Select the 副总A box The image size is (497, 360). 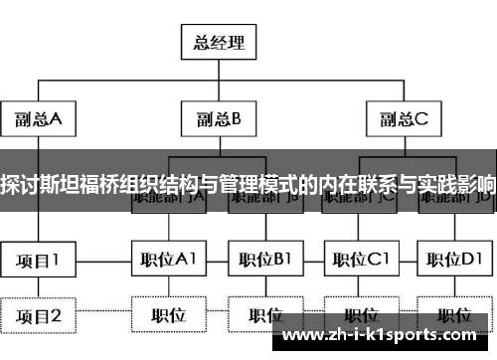point(38,119)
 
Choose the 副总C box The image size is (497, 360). point(402,119)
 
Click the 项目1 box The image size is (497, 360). point(38,261)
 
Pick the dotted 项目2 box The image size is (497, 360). point(38,316)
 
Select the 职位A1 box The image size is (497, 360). point(167,261)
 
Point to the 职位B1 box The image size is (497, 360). point(261,261)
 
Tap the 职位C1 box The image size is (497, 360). point(358,261)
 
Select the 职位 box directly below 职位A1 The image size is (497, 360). point(167,316)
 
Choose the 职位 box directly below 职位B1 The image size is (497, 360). point(261,316)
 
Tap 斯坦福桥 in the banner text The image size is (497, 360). point(84,185)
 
